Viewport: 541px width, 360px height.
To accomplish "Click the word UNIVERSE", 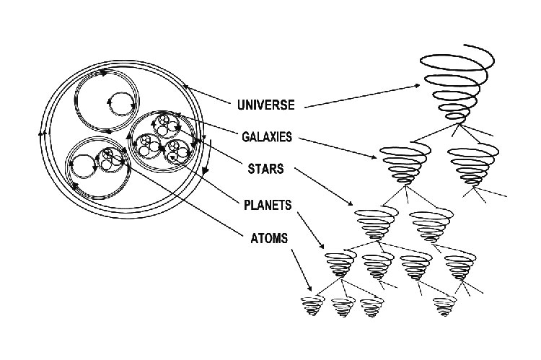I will click(265, 105).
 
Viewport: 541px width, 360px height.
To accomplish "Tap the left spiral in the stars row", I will click(376, 223).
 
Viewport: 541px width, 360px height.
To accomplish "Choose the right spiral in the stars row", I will click(431, 223).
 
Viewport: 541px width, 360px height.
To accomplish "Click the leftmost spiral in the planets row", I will click(338, 265).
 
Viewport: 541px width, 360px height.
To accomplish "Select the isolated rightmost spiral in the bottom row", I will click(444, 307).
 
